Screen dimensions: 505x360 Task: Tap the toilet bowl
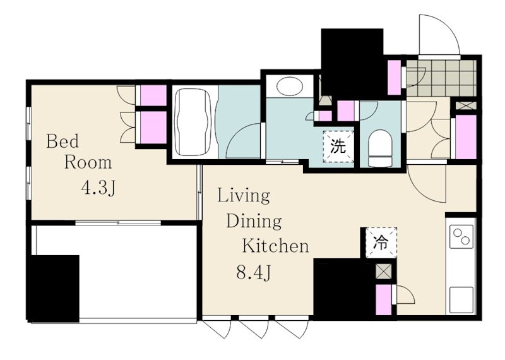click(380, 148)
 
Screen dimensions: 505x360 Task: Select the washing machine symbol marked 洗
click(338, 147)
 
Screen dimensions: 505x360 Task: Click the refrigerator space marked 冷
click(381, 242)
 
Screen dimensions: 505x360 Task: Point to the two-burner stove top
click(461, 236)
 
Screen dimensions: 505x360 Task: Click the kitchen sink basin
click(461, 299)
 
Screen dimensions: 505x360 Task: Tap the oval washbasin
click(290, 86)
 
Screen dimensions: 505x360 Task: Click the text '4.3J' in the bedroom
click(98, 188)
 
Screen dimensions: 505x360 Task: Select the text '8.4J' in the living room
click(254, 273)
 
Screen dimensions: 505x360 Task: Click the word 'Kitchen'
click(275, 246)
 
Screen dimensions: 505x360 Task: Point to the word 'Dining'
click(254, 222)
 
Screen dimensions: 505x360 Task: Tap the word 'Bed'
click(62, 141)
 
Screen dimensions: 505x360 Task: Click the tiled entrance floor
click(441, 78)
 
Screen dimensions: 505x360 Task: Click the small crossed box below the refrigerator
click(384, 271)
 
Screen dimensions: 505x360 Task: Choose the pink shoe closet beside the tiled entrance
click(394, 77)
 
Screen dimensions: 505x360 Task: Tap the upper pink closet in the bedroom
click(153, 95)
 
